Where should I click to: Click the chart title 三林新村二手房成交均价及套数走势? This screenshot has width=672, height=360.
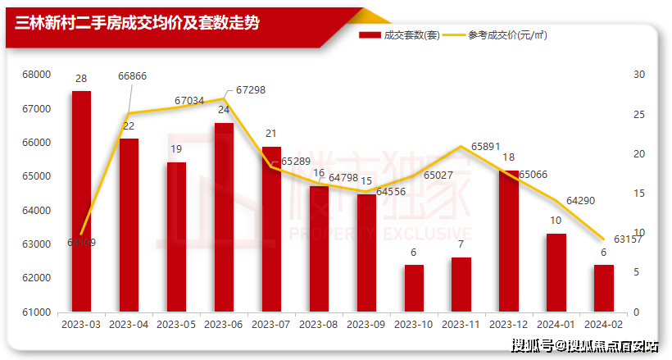[x=138, y=23]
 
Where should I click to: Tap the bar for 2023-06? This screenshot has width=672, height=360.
[x=224, y=217]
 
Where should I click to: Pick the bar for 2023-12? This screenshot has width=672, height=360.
[x=508, y=241]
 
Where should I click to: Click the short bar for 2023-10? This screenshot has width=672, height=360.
[x=414, y=288]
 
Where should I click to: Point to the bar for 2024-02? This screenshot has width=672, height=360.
[x=603, y=288]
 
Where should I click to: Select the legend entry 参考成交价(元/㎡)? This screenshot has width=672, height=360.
[x=508, y=35]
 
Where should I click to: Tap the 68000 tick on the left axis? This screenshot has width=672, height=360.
[x=36, y=75]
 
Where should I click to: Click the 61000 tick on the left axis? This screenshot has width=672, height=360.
[x=36, y=312]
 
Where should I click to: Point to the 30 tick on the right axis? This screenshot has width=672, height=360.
[x=640, y=75]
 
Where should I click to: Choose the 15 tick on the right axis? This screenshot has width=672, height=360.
[x=640, y=194]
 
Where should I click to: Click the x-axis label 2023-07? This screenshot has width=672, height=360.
[x=271, y=326]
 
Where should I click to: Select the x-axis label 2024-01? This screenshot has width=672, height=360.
[x=556, y=326]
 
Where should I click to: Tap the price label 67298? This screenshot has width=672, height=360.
[x=250, y=89]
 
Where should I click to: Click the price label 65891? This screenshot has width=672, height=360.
[x=485, y=147]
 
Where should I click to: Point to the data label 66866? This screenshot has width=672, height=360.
[x=133, y=75]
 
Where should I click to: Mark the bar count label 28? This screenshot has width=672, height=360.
[x=81, y=79]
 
